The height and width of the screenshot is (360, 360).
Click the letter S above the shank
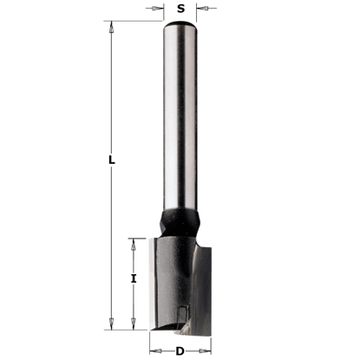[180, 9]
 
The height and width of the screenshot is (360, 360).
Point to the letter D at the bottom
[180, 350]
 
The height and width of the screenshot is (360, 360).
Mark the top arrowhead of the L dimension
[112, 29]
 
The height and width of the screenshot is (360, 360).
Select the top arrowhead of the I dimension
[133, 243]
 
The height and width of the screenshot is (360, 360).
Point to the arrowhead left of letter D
[154, 350]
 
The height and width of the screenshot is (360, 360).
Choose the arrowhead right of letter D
[207, 350]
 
